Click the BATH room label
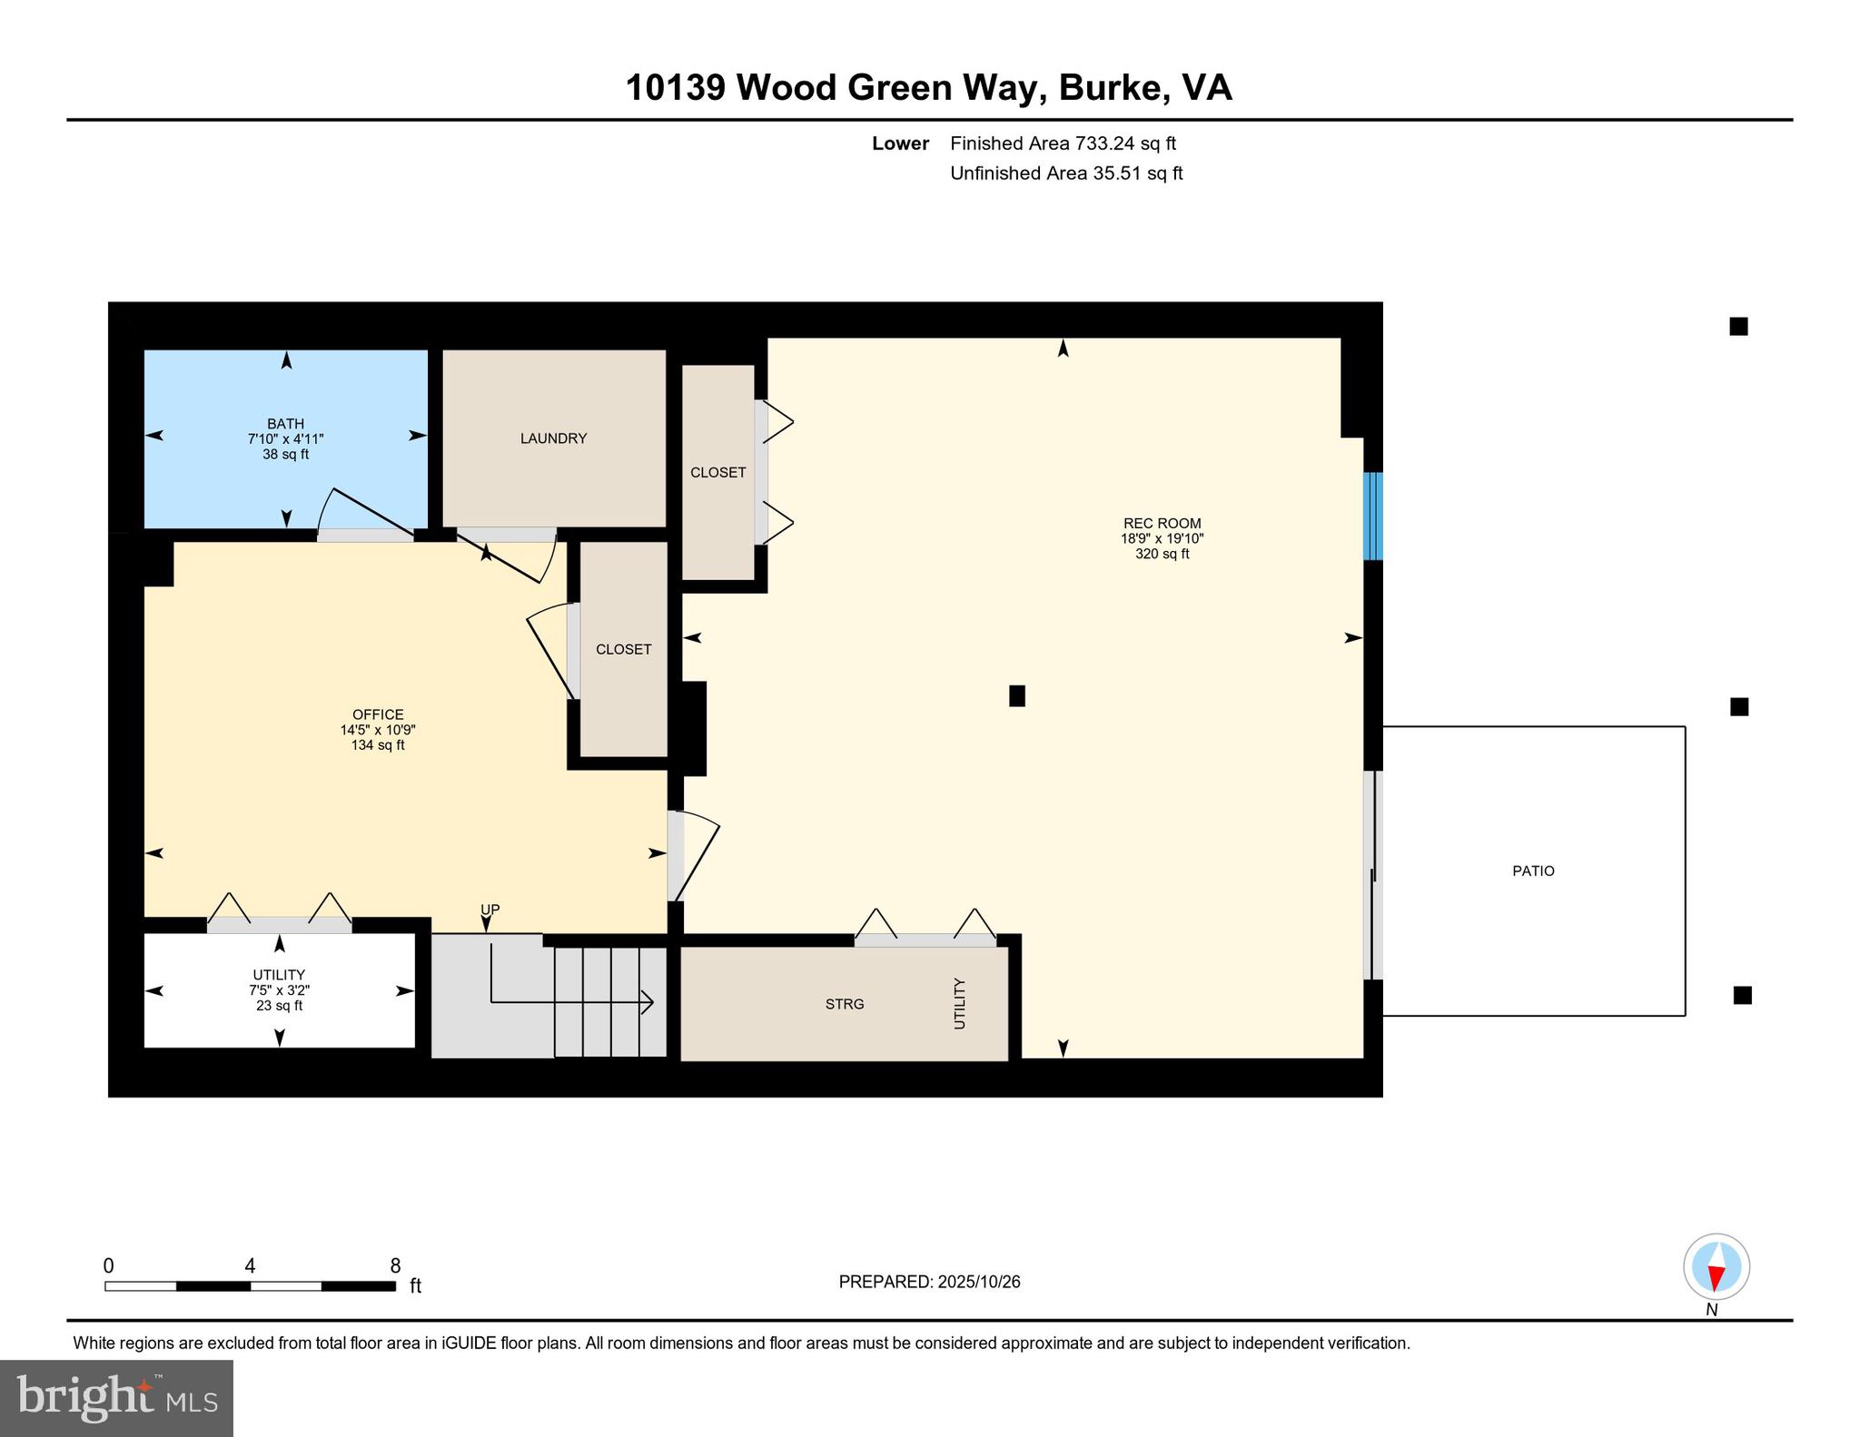coord(285,423)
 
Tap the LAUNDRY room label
coord(553,438)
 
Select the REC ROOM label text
coord(1162,523)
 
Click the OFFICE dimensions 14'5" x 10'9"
coord(378,730)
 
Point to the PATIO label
coord(1533,871)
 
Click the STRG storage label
coord(844,1004)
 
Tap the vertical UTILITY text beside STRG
coord(960,1003)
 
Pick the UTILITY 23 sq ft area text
coord(279,1006)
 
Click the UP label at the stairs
coord(490,910)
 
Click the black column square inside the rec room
coord(1017,695)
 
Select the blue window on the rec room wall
coord(1373,516)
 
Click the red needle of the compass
coord(1716,1278)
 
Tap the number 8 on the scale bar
coord(395,1265)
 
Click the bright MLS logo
coord(117,1398)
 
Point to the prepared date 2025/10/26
coord(979,1282)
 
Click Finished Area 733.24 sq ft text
coord(1063,143)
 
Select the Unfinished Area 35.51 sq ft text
coord(1066,173)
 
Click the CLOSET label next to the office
coord(623,649)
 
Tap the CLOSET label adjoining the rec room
coord(717,472)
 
